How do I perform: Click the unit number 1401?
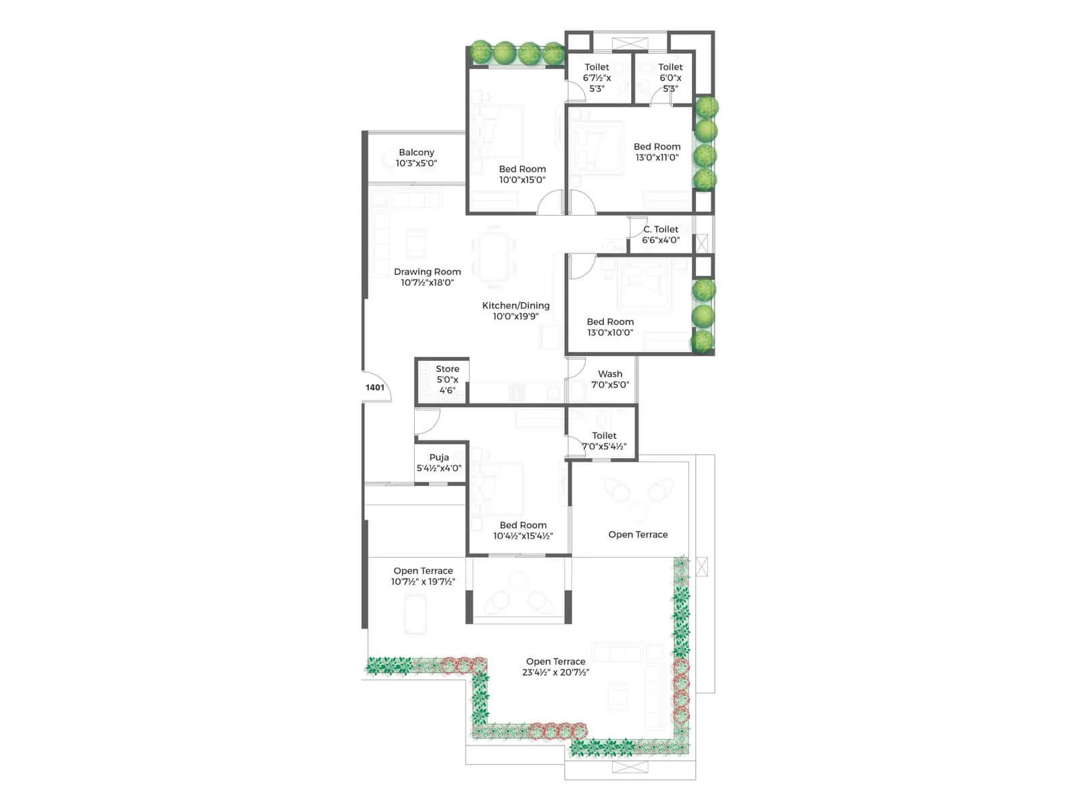click(x=375, y=387)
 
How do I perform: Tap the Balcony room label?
click(x=416, y=153)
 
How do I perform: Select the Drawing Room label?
click(x=427, y=272)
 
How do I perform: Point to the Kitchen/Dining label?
click(x=516, y=305)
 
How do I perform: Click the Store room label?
click(x=447, y=369)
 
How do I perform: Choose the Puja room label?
click(x=439, y=458)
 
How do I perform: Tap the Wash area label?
click(x=610, y=374)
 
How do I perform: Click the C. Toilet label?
click(x=661, y=229)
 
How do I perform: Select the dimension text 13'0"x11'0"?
click(x=657, y=157)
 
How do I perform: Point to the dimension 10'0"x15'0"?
click(x=522, y=180)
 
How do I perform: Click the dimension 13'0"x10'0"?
click(x=610, y=333)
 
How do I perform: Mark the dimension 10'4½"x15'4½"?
click(x=523, y=536)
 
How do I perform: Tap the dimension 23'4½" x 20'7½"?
click(x=555, y=672)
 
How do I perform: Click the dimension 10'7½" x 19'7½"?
click(x=423, y=582)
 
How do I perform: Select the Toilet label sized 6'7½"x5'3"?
click(x=597, y=67)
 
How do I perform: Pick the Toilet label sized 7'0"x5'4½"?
click(x=604, y=436)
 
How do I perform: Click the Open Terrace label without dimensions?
click(x=638, y=535)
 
